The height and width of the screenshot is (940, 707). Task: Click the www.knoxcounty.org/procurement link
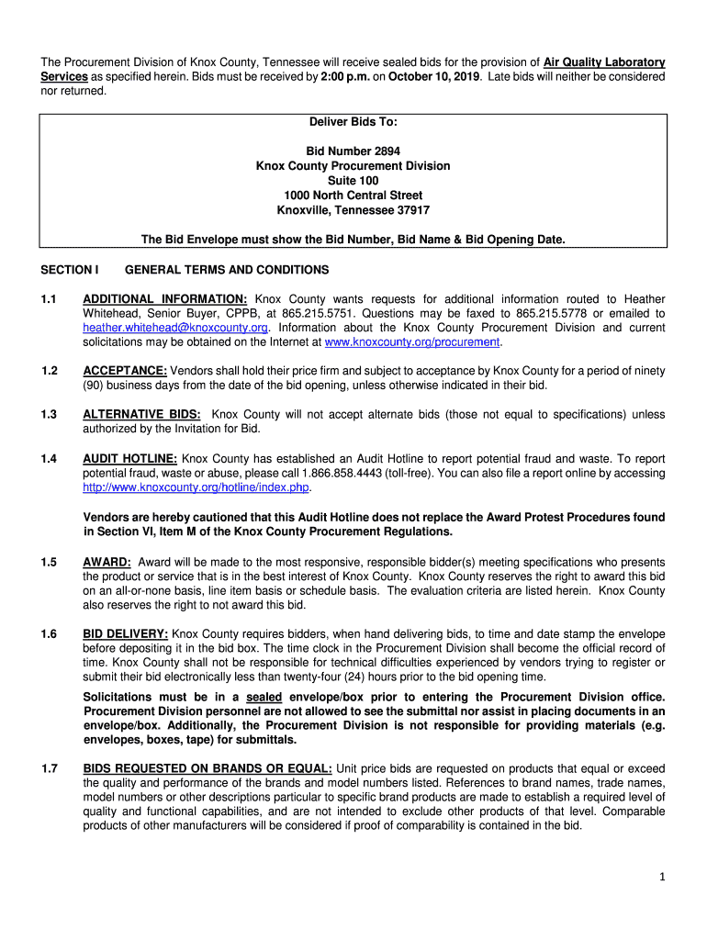pos(412,342)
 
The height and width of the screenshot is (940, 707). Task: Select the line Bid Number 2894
pos(353,151)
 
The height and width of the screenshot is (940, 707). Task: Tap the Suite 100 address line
pos(353,181)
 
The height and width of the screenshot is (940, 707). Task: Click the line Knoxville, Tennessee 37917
pos(353,210)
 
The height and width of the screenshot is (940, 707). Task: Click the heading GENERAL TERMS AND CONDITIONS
pos(226,270)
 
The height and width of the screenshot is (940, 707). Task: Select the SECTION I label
pos(70,270)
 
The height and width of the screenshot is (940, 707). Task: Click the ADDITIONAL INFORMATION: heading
pos(164,299)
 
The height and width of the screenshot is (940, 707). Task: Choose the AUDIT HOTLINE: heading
pos(130,459)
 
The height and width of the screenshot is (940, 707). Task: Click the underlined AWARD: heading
pos(107,563)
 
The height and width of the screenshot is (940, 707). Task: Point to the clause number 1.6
pos(50,634)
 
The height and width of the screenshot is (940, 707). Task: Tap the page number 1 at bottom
pos(661,878)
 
